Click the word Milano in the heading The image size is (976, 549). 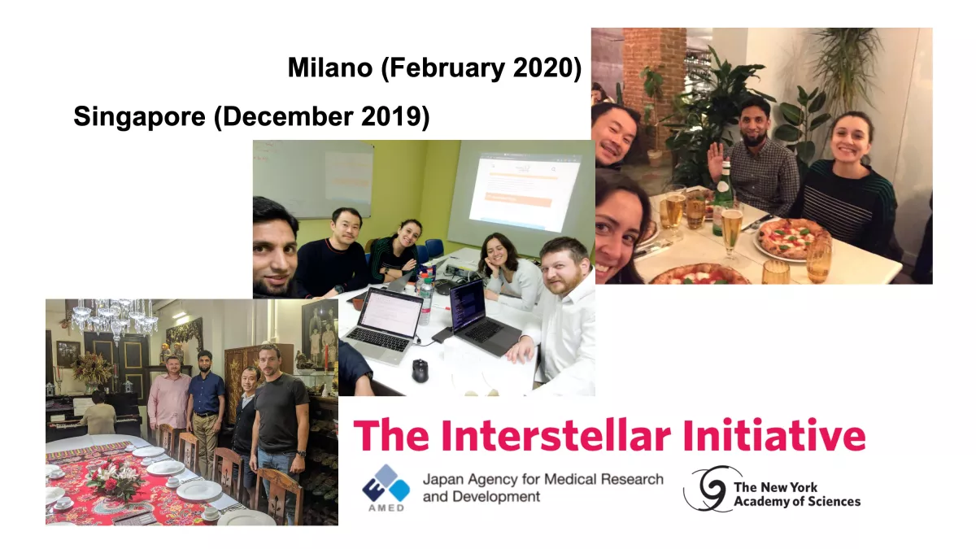click(330, 68)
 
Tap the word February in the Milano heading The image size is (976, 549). click(442, 68)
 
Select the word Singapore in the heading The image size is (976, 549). click(139, 117)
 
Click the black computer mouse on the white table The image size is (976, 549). click(420, 370)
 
